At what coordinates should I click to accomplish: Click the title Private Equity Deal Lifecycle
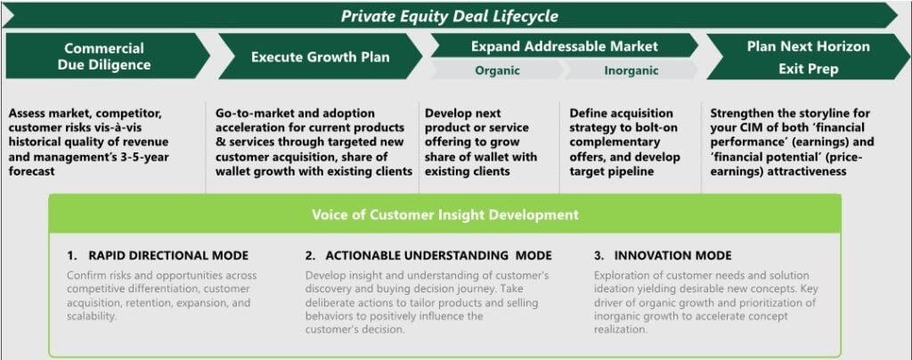pyautogui.click(x=449, y=16)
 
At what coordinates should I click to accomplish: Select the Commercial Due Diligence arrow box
pyautogui.click(x=108, y=56)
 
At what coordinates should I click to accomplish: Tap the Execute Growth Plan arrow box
pyautogui.click(x=321, y=57)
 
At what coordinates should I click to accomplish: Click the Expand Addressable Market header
pyautogui.click(x=564, y=45)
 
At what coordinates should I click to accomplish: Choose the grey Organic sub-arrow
pyautogui.click(x=497, y=70)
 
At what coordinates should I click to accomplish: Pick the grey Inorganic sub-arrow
pyautogui.click(x=631, y=70)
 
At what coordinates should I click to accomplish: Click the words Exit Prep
pyautogui.click(x=808, y=70)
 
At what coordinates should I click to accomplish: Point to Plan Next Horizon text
pyautogui.click(x=808, y=46)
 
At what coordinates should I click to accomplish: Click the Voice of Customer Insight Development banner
pyautogui.click(x=445, y=215)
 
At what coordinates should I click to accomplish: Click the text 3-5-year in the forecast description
pyautogui.click(x=133, y=157)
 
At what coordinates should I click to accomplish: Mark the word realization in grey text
pyautogui.click(x=621, y=329)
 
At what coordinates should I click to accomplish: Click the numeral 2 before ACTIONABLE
pyautogui.click(x=308, y=256)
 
